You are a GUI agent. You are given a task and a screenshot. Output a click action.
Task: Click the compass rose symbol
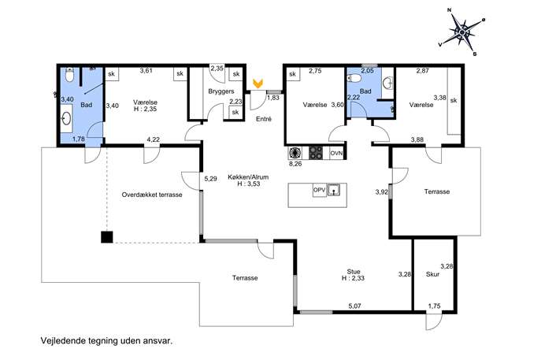(462, 32)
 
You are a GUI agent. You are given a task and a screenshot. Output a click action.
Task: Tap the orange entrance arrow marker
(257, 84)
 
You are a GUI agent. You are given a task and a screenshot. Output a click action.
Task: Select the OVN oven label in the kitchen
(336, 153)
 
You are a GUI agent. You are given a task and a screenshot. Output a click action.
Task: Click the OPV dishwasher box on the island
(319, 190)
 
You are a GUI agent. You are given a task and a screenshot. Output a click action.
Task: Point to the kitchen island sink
(334, 190)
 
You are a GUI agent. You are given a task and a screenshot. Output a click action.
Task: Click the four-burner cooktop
(316, 153)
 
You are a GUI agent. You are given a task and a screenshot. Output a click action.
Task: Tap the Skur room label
(432, 274)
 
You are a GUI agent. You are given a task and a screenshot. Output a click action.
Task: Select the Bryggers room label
(221, 91)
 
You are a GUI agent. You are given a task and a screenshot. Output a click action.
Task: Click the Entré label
(264, 119)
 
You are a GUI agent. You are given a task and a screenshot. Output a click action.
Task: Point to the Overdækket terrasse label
(152, 195)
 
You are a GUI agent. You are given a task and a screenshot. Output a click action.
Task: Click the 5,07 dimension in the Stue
(354, 306)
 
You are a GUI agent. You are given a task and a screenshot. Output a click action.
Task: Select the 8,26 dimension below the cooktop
(295, 164)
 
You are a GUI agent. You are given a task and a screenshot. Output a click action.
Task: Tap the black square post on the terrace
(107, 237)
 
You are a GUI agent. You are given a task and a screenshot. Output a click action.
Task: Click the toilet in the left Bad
(69, 75)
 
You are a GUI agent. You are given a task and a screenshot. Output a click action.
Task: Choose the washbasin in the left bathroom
(66, 119)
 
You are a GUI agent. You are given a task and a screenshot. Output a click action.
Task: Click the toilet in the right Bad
(355, 79)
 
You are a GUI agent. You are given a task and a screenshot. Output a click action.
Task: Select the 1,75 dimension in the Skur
(435, 306)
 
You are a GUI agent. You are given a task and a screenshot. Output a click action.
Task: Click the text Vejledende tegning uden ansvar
(106, 341)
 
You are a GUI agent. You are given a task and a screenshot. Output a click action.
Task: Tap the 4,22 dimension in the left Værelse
(154, 139)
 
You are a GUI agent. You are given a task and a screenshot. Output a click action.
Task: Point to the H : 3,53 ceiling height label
(248, 184)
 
